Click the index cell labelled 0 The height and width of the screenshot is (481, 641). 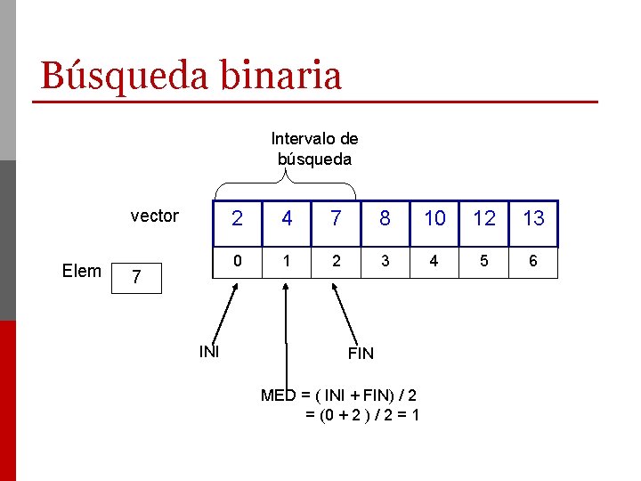[236, 263]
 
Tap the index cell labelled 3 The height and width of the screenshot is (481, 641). [385, 263]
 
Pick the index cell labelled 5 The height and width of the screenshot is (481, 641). [484, 263]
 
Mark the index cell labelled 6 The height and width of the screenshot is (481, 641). [533, 263]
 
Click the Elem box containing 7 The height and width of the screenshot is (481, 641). [135, 277]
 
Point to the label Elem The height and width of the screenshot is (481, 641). [82, 272]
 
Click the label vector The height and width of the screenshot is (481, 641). [155, 216]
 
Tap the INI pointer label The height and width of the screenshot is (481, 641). [209, 351]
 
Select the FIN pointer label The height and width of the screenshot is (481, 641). [361, 354]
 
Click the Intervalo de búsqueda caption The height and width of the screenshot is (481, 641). [314, 149]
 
